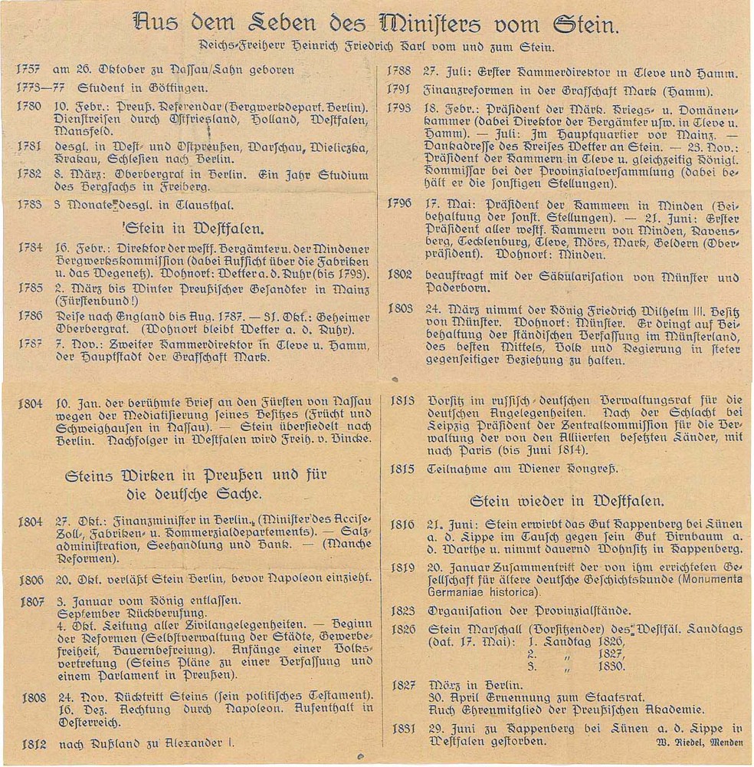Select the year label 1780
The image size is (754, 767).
29,105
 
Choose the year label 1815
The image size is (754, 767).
402,468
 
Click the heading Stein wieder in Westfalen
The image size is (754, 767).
566,501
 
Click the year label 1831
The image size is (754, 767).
404,729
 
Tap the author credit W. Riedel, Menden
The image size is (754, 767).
700,742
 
